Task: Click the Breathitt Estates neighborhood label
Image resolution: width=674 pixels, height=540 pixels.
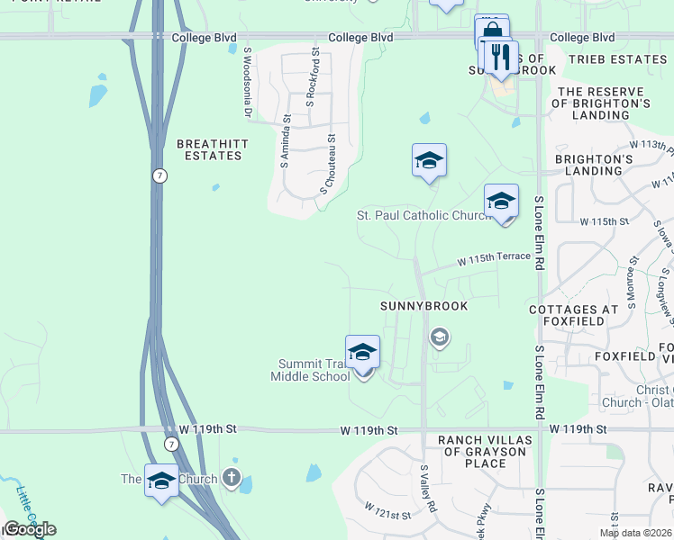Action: [x=209, y=149]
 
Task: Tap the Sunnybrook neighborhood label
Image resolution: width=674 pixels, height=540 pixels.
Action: [x=424, y=306]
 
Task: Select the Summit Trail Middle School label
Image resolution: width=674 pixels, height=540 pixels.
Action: [x=310, y=370]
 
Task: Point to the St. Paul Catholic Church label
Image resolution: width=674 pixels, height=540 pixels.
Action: [x=423, y=215]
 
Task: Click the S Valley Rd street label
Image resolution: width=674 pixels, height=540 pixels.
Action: [x=428, y=489]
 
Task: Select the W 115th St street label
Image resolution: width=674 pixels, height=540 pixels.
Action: [x=603, y=220]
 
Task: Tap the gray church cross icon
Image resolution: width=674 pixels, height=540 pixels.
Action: [x=232, y=479]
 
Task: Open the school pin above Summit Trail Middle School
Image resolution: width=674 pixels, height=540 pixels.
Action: [x=362, y=352]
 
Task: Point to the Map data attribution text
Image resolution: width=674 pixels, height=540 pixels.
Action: [x=635, y=533]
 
